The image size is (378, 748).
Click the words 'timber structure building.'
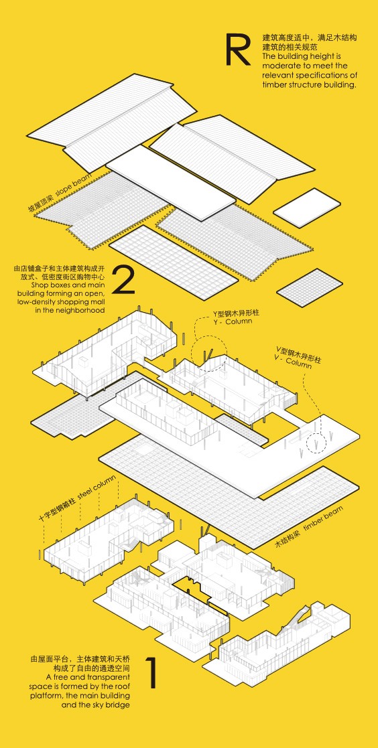309,84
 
